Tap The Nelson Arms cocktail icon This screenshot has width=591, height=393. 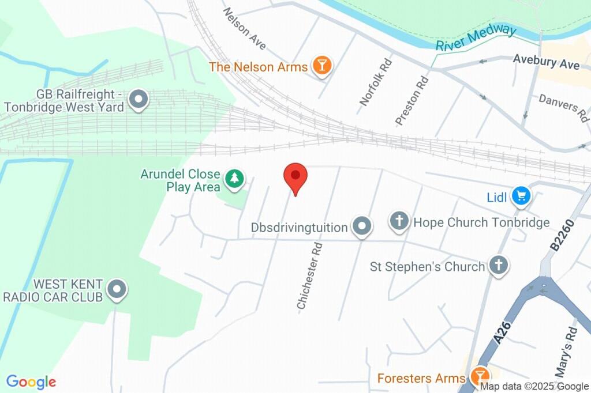coord(321,66)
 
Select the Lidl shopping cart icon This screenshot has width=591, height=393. coord(522,197)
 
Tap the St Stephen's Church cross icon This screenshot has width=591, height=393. coord(498,266)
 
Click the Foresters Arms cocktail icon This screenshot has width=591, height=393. coord(478,377)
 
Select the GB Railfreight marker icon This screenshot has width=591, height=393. coord(139,100)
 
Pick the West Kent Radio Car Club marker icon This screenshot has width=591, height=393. coord(117,290)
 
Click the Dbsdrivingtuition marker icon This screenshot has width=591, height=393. coord(362,227)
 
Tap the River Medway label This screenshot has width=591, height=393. coord(476,37)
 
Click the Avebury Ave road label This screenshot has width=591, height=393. coord(546,62)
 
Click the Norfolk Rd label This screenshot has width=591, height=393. coord(376,82)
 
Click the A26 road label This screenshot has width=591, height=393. coord(503,333)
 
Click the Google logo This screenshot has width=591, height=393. coord(31,381)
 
